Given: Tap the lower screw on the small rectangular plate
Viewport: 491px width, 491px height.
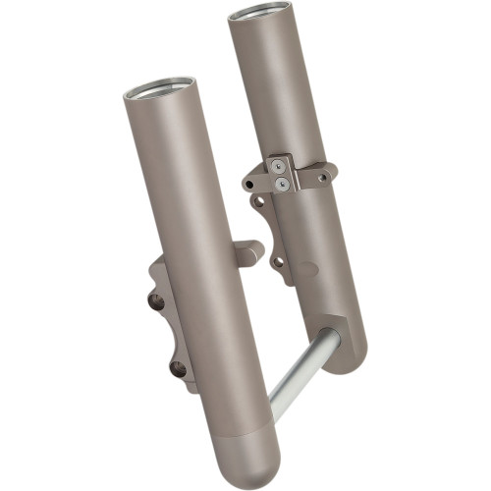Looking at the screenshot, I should [282, 183].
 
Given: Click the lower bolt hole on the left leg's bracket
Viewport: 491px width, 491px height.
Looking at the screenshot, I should [178, 369].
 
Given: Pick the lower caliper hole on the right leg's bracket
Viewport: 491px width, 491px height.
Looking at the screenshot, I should [278, 262].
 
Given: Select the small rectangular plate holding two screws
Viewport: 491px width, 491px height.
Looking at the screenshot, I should [282, 175].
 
